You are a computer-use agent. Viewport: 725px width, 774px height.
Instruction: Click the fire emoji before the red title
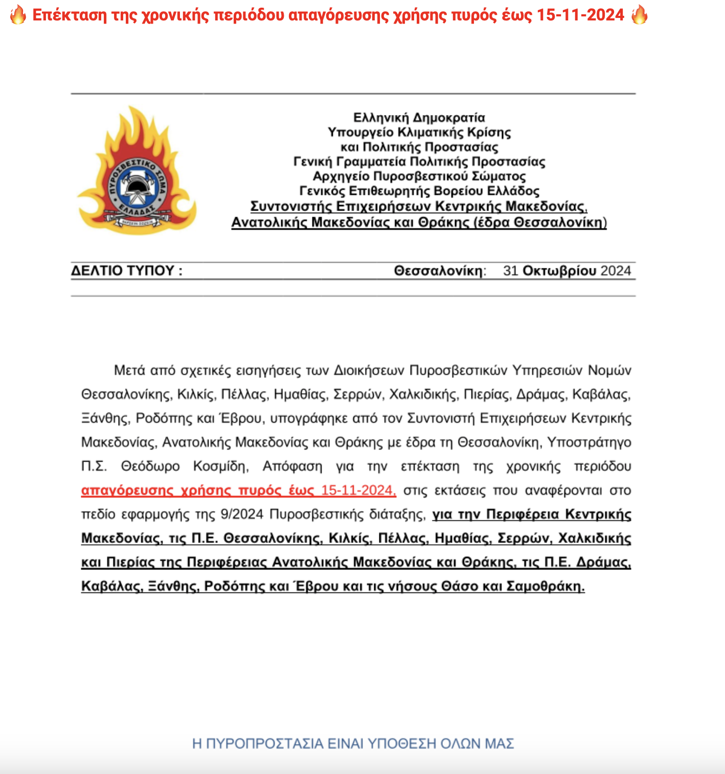pyautogui.click(x=18, y=15)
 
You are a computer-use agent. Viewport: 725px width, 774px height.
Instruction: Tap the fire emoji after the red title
pyautogui.click(x=639, y=15)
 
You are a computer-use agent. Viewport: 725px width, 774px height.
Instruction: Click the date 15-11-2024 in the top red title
pyautogui.click(x=581, y=15)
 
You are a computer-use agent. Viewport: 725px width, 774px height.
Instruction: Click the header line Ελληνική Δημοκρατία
pyautogui.click(x=419, y=118)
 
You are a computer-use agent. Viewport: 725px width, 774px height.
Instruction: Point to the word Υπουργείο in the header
pyautogui.click(x=361, y=132)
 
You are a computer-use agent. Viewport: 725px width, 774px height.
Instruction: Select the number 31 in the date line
pyautogui.click(x=511, y=270)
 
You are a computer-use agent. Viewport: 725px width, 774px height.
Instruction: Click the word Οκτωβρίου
pyautogui.click(x=560, y=270)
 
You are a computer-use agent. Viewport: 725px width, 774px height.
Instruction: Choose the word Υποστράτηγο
pyautogui.click(x=589, y=442)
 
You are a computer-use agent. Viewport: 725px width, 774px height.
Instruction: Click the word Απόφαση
pyautogui.click(x=292, y=466)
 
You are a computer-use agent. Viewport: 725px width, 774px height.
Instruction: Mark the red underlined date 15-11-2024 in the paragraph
pyautogui.click(x=358, y=490)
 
